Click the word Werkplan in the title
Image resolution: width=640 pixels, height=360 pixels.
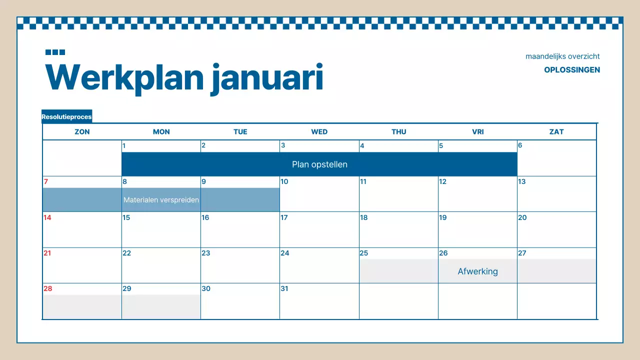click(x=125, y=77)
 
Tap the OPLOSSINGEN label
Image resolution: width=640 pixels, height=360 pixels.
click(x=572, y=70)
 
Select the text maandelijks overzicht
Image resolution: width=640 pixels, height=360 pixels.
click(x=562, y=56)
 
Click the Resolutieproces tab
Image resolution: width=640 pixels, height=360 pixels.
click(x=66, y=117)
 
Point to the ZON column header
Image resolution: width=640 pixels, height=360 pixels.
click(x=82, y=132)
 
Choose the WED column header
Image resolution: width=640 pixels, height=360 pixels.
click(x=319, y=132)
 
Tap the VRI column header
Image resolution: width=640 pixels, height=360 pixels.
click(x=477, y=132)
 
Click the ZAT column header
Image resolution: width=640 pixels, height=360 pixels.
click(x=556, y=132)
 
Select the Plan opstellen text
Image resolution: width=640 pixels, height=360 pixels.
click(x=319, y=164)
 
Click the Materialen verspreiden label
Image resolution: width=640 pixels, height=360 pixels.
click(x=161, y=200)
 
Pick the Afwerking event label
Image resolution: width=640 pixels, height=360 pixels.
click(x=477, y=271)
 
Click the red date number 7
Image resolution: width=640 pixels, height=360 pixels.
click(x=46, y=181)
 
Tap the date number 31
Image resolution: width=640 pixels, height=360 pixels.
click(x=284, y=288)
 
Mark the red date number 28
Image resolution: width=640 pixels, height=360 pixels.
click(x=47, y=288)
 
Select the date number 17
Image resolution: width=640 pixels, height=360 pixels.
click(x=284, y=217)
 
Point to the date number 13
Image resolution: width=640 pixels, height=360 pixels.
click(x=521, y=181)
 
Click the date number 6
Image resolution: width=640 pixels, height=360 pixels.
click(x=520, y=145)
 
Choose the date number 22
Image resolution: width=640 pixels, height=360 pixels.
click(x=126, y=253)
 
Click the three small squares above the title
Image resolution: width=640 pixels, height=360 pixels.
click(x=55, y=52)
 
